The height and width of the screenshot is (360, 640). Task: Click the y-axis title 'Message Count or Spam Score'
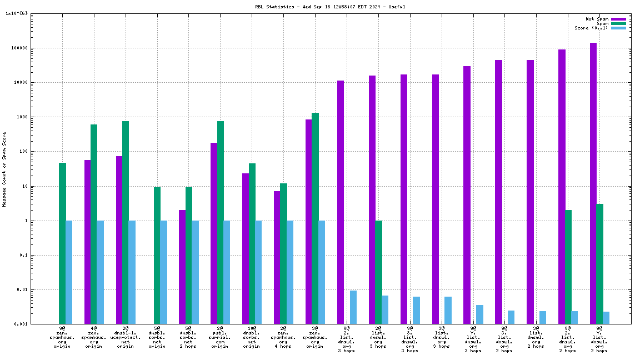pyautogui.click(x=4, y=169)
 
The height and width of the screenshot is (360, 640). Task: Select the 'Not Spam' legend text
pyautogui.click(x=597, y=19)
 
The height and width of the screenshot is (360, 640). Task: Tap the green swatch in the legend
pyautogui.click(x=618, y=23)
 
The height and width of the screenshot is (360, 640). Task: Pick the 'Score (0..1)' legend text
pyautogui.click(x=591, y=28)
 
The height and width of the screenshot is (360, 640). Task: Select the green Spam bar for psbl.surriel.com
pyautogui.click(x=221, y=222)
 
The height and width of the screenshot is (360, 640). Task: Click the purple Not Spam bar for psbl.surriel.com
pyautogui.click(x=214, y=233)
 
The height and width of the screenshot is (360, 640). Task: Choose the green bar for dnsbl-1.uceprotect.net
pyautogui.click(x=126, y=222)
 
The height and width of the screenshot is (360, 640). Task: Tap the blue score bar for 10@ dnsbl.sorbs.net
pyautogui.click(x=258, y=272)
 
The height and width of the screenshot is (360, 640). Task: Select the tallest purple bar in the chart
pyautogui.click(x=593, y=183)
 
